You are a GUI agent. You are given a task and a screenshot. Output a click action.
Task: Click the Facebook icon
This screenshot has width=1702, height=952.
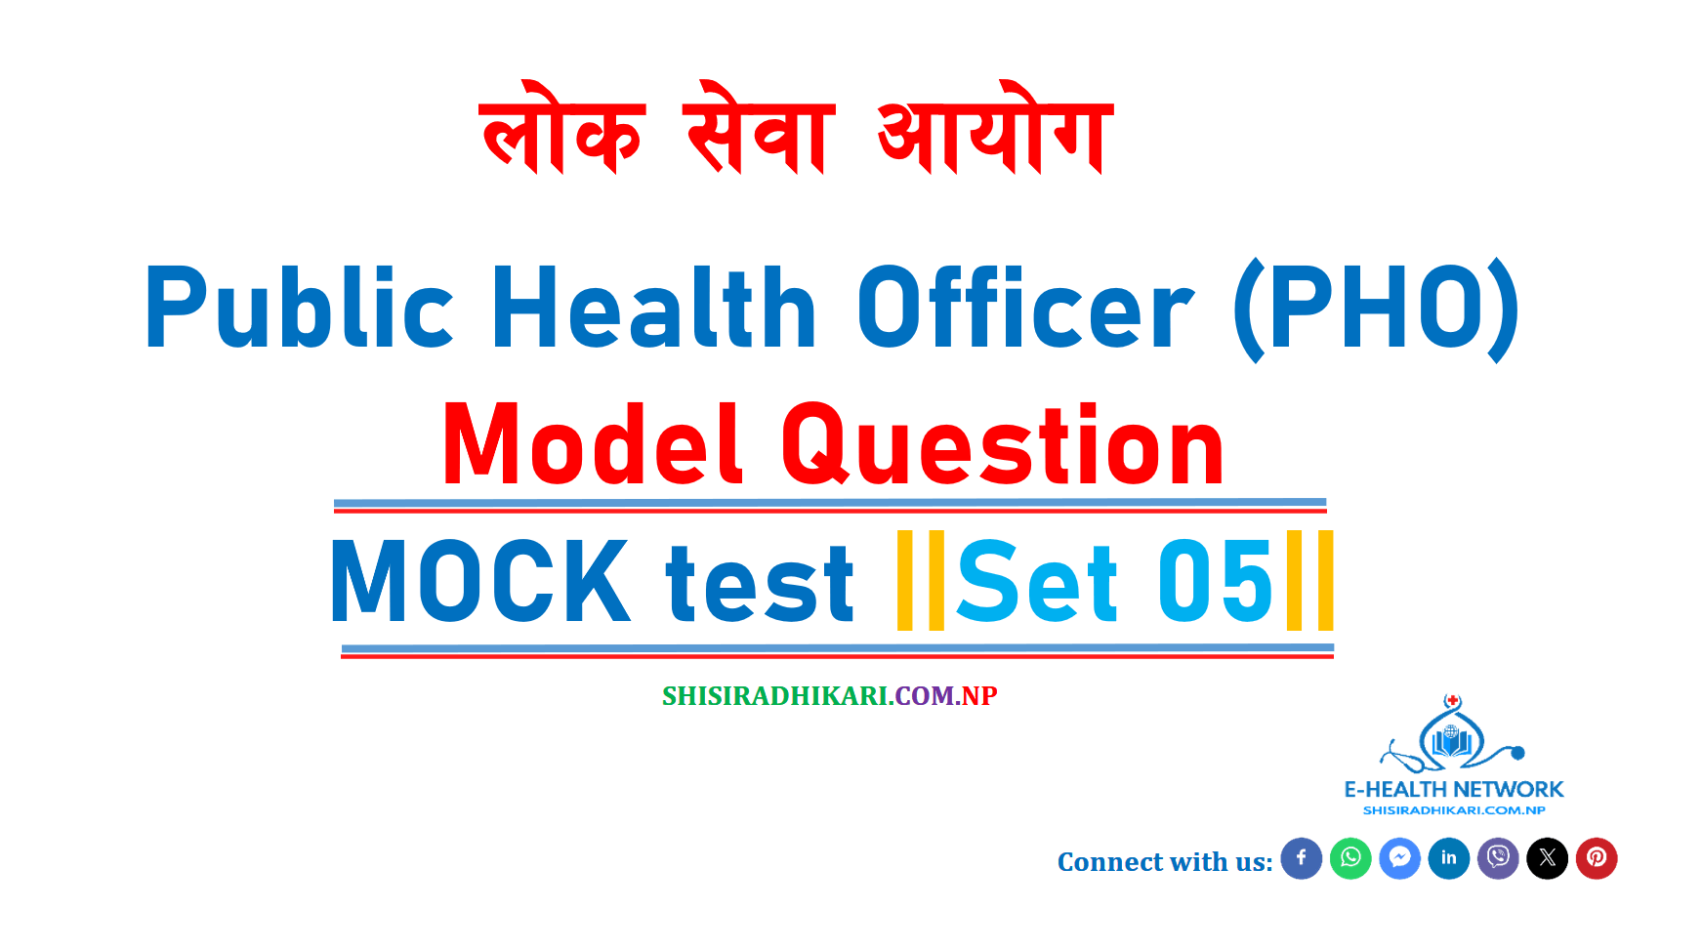[x=1301, y=858]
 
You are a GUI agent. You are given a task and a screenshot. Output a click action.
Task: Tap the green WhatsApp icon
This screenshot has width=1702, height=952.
[x=1350, y=858]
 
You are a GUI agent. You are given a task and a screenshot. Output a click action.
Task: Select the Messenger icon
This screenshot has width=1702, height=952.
[x=1399, y=858]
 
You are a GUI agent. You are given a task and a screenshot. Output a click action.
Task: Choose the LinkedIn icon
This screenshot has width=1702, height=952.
[x=1449, y=858]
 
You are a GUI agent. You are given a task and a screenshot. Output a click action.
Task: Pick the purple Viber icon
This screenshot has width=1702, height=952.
[x=1498, y=858]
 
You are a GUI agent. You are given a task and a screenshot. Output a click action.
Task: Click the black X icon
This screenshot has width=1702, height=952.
[x=1548, y=858]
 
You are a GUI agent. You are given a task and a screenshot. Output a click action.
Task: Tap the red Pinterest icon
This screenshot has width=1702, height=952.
[x=1597, y=858]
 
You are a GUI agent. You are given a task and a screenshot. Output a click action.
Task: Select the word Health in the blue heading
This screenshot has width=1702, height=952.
[x=654, y=309]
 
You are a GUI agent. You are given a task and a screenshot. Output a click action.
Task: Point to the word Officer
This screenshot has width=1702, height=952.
[x=1025, y=309]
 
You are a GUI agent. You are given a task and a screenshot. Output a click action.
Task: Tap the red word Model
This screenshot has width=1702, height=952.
[x=593, y=445]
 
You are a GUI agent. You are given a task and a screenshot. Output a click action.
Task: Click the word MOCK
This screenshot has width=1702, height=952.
[x=480, y=582]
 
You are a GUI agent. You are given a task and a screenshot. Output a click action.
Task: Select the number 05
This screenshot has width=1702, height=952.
[x=1216, y=582]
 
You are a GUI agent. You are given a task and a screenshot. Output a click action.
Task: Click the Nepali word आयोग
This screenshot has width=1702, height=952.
[x=994, y=129]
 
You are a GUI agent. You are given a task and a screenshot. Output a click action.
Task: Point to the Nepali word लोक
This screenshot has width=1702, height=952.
[x=562, y=129]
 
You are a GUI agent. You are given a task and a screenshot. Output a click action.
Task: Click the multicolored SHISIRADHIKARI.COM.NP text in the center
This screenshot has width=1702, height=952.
[x=829, y=695]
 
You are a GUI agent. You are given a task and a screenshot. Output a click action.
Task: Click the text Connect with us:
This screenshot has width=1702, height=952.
[x=1165, y=861]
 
